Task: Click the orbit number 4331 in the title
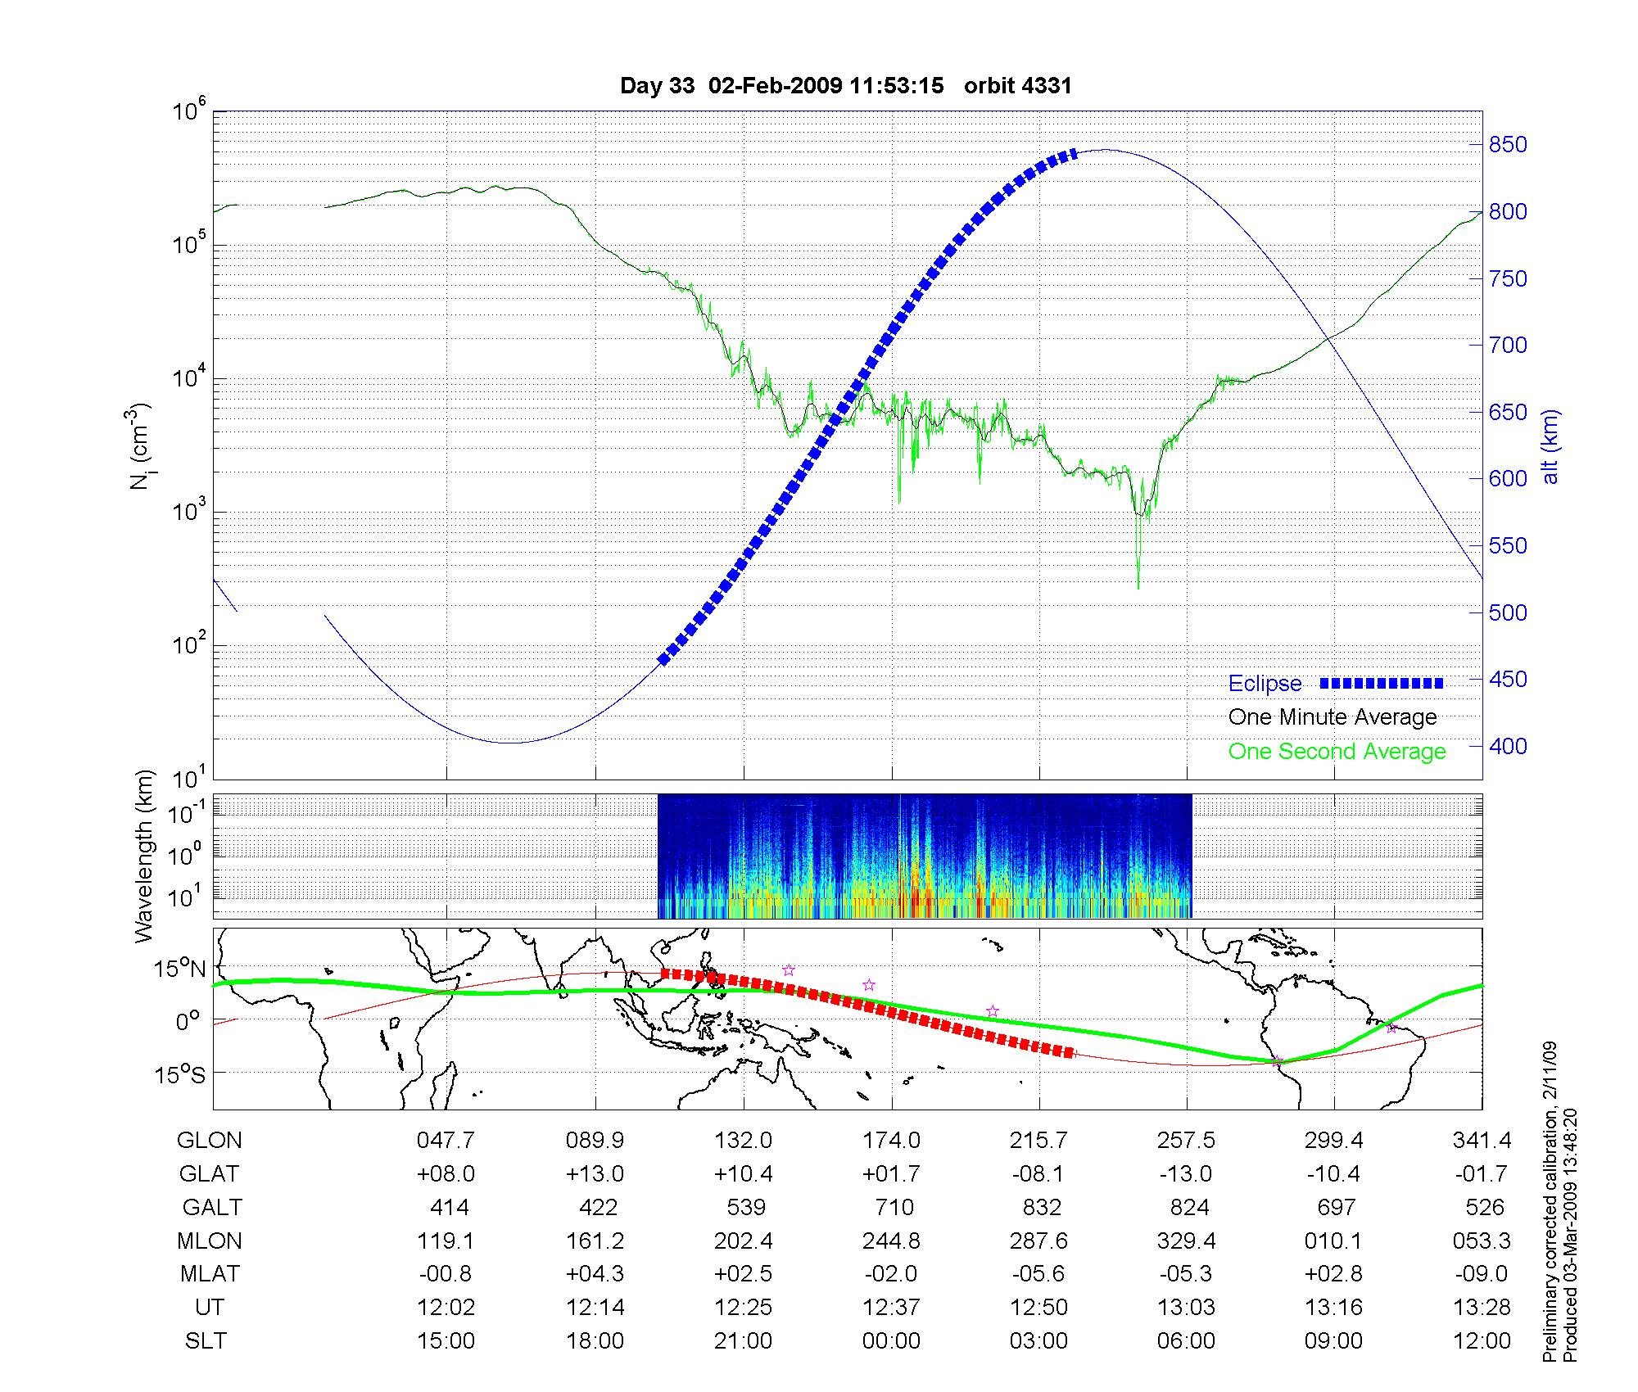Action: click(x=1018, y=86)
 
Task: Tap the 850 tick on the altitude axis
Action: click(x=1508, y=145)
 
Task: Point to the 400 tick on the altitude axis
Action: click(x=1508, y=746)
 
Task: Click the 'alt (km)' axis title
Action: click(x=1550, y=446)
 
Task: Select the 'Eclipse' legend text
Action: click(x=1265, y=684)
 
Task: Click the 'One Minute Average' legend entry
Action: click(x=1333, y=717)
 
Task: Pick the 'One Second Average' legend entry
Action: click(x=1337, y=752)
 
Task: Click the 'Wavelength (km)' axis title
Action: click(x=144, y=856)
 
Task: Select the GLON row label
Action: click(x=210, y=1141)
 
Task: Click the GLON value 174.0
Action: click(x=891, y=1141)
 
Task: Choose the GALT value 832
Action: click(x=1041, y=1207)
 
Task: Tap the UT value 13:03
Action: click(x=1186, y=1308)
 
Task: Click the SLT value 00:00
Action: click(x=891, y=1341)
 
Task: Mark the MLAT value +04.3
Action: click(x=595, y=1274)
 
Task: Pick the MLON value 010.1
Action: click(x=1333, y=1241)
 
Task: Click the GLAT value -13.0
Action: click(x=1186, y=1174)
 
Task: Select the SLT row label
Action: click(x=206, y=1341)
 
